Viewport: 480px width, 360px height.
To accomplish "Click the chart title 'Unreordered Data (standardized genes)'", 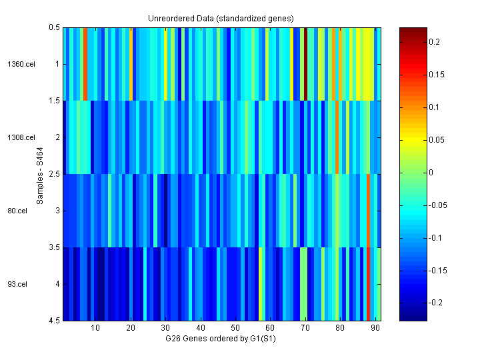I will click(x=221, y=17).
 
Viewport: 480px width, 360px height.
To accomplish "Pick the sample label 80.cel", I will click(x=18, y=211).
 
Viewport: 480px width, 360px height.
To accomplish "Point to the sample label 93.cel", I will click(x=18, y=284).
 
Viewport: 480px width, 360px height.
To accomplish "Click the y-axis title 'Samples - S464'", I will click(x=40, y=175).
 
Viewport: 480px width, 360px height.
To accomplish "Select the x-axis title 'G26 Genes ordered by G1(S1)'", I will click(x=221, y=339).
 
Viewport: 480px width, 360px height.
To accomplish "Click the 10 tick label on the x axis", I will click(x=95, y=328).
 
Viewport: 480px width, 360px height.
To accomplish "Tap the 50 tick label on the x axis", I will click(x=235, y=328).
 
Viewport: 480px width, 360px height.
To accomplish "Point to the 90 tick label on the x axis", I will click(x=375, y=328).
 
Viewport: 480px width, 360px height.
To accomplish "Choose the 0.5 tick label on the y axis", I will click(x=54, y=28).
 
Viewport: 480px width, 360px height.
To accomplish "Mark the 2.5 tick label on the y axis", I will click(x=54, y=174).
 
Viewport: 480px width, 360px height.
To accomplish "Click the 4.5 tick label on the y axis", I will click(x=54, y=321).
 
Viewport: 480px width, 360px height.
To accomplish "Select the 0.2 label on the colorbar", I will click(x=434, y=42).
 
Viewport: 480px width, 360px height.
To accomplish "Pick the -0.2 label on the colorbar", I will click(x=435, y=303).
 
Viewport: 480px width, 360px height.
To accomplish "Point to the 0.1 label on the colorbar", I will click(x=434, y=107).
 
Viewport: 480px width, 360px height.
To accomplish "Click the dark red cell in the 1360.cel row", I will click(x=305, y=64).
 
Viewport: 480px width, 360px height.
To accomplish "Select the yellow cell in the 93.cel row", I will click(x=260, y=284).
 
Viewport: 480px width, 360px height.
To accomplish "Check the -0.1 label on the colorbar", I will click(x=435, y=238).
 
